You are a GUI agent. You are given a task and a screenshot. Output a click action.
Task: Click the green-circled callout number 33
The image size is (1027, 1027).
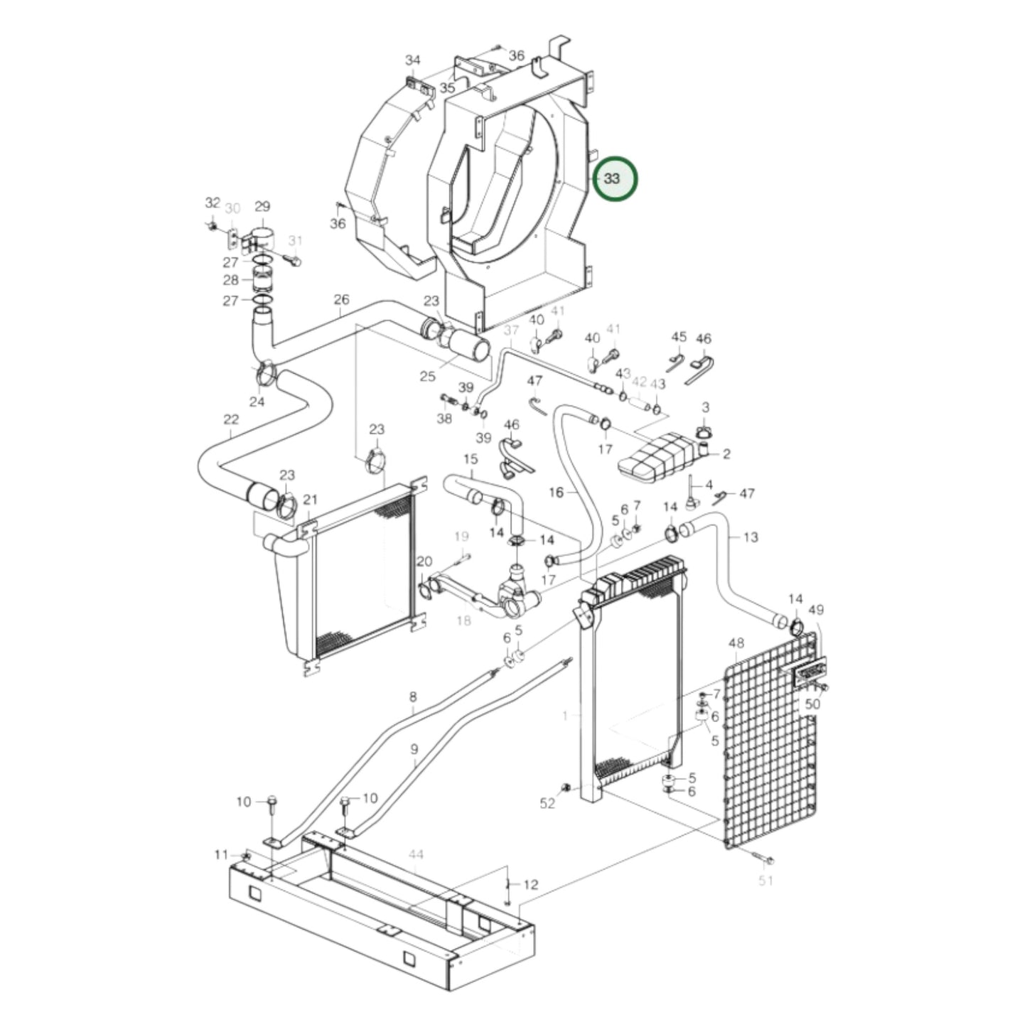[611, 178]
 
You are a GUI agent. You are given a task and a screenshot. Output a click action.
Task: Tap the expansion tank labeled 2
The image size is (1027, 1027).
[654, 460]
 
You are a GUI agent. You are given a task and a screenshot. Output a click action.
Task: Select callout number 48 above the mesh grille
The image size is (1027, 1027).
[736, 643]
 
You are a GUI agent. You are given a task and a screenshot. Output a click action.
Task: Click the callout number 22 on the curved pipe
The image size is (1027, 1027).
[231, 419]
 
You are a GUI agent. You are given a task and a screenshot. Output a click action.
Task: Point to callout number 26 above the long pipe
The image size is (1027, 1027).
[342, 299]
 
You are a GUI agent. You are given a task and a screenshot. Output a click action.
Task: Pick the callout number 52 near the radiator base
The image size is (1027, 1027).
[547, 803]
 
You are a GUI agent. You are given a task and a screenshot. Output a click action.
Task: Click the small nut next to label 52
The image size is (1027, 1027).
[566, 787]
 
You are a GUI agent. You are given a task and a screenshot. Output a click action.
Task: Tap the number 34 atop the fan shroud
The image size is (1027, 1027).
[413, 60]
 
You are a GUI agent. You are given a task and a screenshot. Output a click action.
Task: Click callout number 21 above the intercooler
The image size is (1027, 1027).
[311, 500]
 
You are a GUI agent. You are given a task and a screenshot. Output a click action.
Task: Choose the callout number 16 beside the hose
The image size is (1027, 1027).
[556, 492]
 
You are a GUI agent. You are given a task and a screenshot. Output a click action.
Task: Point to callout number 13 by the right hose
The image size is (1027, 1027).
[751, 537]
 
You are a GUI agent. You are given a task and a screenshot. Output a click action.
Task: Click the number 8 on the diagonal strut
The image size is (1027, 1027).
[413, 697]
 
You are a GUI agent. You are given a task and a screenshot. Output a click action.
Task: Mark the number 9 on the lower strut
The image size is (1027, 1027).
[414, 749]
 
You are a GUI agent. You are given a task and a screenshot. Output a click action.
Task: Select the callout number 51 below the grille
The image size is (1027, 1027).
[765, 881]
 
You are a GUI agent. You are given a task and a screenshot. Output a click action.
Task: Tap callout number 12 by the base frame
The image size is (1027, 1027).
[531, 885]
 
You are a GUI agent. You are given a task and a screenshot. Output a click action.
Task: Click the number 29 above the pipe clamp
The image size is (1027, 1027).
[262, 207]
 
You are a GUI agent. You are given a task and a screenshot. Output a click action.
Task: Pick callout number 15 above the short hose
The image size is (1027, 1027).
[471, 460]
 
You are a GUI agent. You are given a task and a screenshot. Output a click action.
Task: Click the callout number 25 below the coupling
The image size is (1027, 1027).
[427, 377]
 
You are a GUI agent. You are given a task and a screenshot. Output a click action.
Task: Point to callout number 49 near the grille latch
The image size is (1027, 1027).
[816, 610]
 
